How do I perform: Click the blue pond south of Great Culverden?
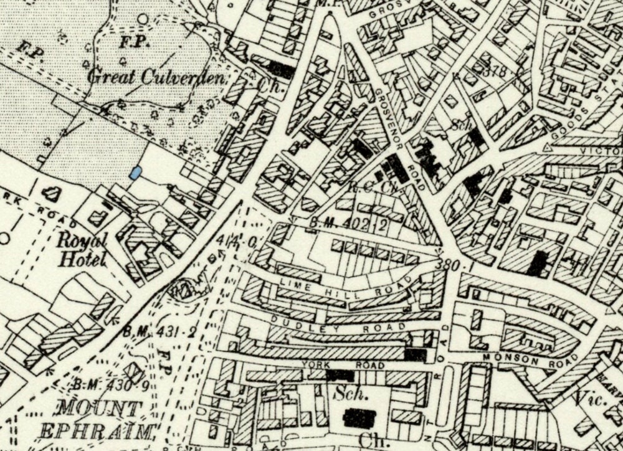point(134,174)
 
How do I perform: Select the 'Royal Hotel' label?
point(82,249)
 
